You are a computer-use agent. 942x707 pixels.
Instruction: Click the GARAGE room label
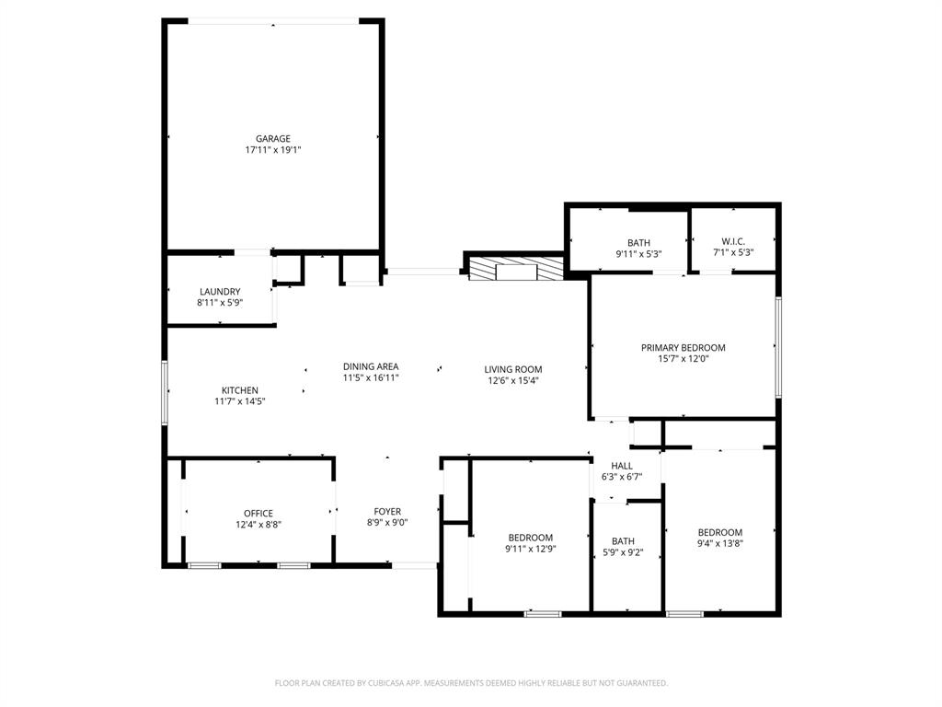(x=273, y=139)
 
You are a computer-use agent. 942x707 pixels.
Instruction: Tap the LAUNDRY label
(x=220, y=292)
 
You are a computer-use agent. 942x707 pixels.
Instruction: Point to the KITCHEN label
(x=240, y=390)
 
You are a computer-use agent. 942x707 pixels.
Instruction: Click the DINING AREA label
(x=371, y=366)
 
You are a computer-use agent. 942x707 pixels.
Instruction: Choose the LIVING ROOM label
(x=513, y=370)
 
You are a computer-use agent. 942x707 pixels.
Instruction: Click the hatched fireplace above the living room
(x=515, y=270)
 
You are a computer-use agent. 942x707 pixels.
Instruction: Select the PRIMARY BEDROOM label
(x=683, y=348)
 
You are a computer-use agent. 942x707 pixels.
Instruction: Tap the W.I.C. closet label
(x=733, y=242)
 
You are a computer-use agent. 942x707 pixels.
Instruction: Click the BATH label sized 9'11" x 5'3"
(x=638, y=243)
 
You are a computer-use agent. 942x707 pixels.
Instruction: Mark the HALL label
(x=621, y=466)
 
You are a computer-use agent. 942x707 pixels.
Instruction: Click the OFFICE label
(x=258, y=514)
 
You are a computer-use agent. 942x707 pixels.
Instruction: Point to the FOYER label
(x=387, y=512)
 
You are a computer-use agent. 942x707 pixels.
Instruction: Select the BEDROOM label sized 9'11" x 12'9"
(x=531, y=538)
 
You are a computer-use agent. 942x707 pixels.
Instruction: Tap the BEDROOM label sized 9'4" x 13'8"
(x=719, y=532)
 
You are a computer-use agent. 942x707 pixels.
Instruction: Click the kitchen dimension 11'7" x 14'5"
(x=240, y=401)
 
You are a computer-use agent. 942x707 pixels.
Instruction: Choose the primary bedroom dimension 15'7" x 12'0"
(x=683, y=359)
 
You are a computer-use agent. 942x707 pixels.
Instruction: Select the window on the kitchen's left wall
(x=166, y=392)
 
